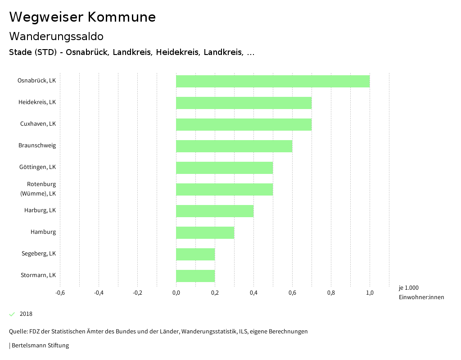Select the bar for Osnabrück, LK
pos(273,81)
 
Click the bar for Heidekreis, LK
pos(244,103)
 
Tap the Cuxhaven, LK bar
pos(244,124)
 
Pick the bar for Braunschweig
pos(234,146)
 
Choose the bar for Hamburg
pos(205,232)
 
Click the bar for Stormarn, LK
pos(195,276)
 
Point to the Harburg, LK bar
pos(215,211)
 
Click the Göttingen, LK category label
pos(37,167)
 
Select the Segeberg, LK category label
pos(39,254)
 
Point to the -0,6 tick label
pos(60,293)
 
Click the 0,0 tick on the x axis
pos(176,293)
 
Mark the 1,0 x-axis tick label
pos(370,293)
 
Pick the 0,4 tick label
pos(253,293)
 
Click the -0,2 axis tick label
pos(137,293)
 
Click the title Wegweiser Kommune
pos(82,17)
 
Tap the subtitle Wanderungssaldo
pos(56,36)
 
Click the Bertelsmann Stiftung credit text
pos(40,346)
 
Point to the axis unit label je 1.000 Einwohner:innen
pos(421,292)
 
